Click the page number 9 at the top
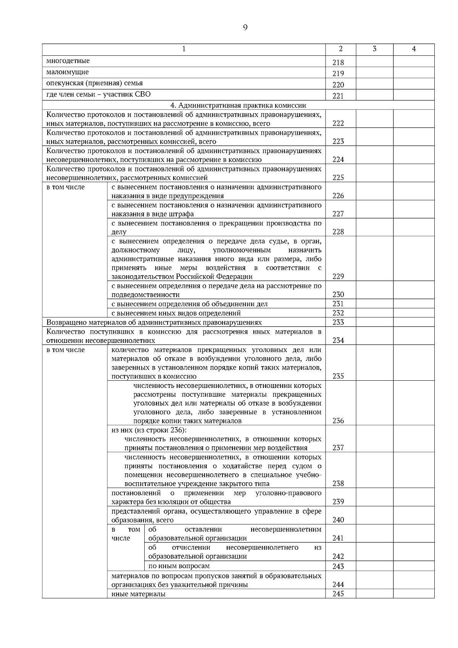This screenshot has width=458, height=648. click(245, 27)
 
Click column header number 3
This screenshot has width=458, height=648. click(374, 49)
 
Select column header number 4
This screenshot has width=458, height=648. click(414, 49)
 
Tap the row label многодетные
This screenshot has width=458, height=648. click(68, 61)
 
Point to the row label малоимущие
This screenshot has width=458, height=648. click(68, 72)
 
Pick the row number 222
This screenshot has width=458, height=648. click(338, 123)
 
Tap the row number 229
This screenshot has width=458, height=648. click(338, 276)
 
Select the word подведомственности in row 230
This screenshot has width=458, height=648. click(145, 295)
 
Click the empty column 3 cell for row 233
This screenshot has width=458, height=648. click(374, 322)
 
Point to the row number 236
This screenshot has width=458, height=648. click(338, 421)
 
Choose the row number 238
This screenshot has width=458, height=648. click(338, 483)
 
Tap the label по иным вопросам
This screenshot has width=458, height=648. click(179, 566)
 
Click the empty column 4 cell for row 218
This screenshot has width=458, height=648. click(414, 61)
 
